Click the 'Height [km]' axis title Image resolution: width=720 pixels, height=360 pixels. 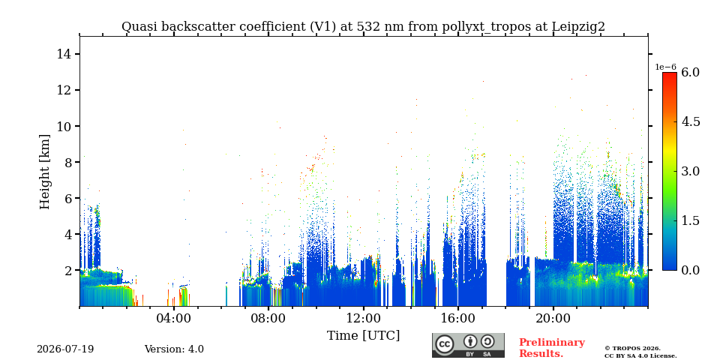click(44, 172)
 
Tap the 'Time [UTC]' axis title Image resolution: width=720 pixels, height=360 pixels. click(363, 336)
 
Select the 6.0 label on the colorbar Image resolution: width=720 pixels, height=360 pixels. click(690, 73)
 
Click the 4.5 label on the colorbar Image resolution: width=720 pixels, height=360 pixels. click(690, 122)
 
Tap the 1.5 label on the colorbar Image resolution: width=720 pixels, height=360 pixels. click(690, 220)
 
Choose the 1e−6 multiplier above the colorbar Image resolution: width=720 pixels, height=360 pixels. click(665, 67)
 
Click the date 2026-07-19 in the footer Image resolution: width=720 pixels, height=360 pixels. click(65, 349)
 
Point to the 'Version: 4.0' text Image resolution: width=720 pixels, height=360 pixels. click(174, 349)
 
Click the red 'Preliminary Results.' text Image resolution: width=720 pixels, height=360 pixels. click(552, 348)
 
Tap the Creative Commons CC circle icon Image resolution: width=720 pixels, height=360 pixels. click(445, 344)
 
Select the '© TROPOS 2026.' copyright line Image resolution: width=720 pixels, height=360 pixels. click(632, 349)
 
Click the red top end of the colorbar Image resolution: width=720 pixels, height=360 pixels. click(670, 73)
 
